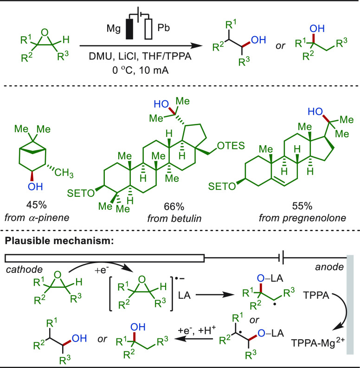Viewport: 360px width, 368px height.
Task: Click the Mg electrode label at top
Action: click(x=114, y=29)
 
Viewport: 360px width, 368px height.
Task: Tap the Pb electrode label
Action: click(x=163, y=28)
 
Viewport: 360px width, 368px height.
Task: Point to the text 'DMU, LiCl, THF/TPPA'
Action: click(x=140, y=56)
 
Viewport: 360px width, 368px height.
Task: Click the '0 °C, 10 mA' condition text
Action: click(x=141, y=70)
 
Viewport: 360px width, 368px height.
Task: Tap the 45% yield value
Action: click(x=36, y=205)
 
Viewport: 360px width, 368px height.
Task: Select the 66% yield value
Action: click(x=174, y=207)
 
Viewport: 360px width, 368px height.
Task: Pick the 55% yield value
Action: click(x=302, y=206)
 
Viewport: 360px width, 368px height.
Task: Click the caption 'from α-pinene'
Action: click(x=37, y=218)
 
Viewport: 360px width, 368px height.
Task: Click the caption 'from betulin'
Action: click(x=174, y=219)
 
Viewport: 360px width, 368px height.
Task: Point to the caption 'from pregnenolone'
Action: click(x=302, y=218)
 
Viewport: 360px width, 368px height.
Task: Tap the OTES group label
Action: click(x=231, y=146)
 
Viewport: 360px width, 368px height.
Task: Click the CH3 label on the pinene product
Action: click(x=64, y=173)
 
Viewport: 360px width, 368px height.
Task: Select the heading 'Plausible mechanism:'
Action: click(x=59, y=241)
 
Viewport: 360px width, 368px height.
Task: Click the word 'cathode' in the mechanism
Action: click(x=24, y=270)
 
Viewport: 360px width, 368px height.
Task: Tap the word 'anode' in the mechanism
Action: click(x=329, y=267)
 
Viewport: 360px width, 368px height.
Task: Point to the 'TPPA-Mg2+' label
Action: click(x=318, y=342)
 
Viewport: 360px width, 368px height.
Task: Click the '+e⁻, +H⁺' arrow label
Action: click(x=197, y=330)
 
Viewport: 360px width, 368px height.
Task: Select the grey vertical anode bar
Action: click(x=350, y=304)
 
